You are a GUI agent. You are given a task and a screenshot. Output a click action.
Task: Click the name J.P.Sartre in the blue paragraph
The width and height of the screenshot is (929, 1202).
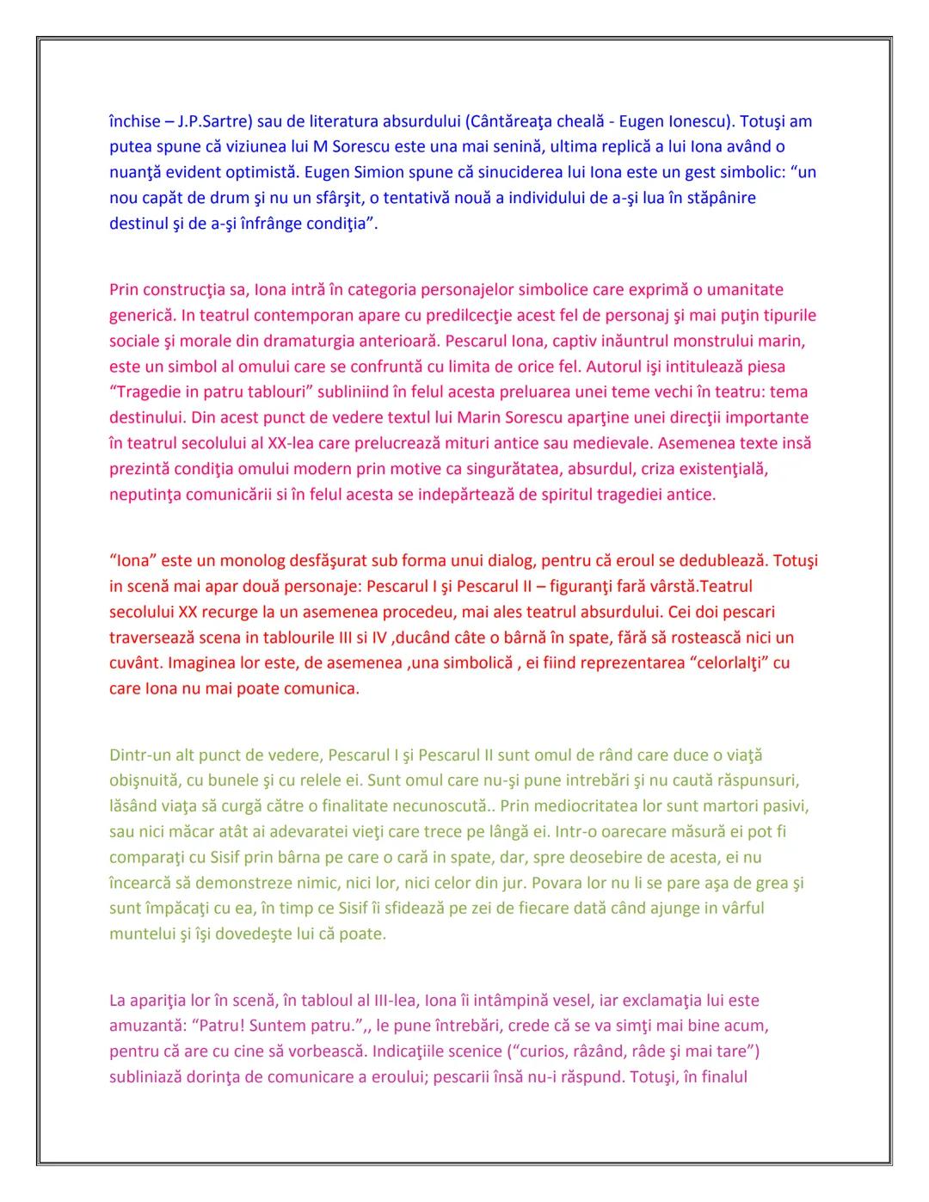[x=212, y=121]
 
